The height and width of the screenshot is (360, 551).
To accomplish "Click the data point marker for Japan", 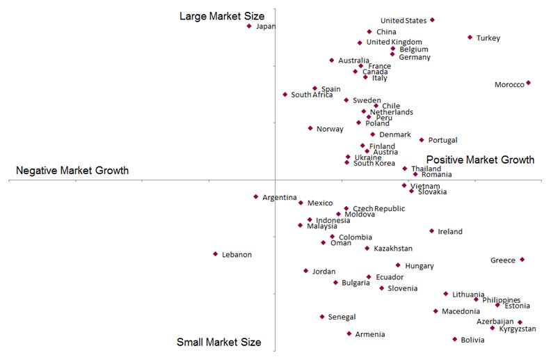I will coord(249,26).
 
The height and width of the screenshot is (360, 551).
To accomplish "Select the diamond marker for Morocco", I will coord(528,83).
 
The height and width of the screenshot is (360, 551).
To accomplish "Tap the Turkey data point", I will coord(470,38).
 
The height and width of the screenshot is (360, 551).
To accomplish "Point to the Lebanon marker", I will coord(215,254).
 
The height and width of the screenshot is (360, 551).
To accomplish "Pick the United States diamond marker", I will coord(432,20).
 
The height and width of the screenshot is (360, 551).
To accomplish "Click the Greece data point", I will coord(522,260).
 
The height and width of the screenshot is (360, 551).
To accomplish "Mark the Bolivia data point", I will coord(454,339).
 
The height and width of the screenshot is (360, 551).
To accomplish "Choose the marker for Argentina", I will coord(255,197).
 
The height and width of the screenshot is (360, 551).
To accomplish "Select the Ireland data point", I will coord(431,231).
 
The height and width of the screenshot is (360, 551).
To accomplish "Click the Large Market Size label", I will coord(222,15).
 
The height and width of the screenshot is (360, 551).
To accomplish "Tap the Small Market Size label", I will coord(218,342).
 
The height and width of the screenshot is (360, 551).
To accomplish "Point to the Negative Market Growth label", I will coord(72,171).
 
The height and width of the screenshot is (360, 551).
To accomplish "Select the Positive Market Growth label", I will coord(480,159).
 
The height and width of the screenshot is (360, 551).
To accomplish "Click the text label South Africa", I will coord(312,95).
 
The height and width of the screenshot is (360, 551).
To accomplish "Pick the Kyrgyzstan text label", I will coord(518,329).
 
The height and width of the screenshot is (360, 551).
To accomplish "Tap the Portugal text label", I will coord(442,141).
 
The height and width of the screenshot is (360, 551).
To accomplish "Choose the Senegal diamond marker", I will coord(321,317).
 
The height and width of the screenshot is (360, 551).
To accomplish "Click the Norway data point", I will coord(310,128).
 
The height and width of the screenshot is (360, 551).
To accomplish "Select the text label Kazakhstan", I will coord(393,249).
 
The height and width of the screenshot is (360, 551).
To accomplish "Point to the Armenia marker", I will coord(349,334).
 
